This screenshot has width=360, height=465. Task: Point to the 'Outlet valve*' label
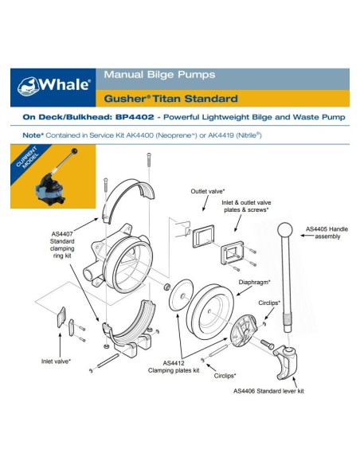pos(207,192)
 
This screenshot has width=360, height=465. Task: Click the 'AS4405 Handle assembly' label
pos(326,236)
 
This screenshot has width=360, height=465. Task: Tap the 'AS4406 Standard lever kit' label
pos(268,391)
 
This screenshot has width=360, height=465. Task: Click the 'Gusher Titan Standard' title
pos(170,100)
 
